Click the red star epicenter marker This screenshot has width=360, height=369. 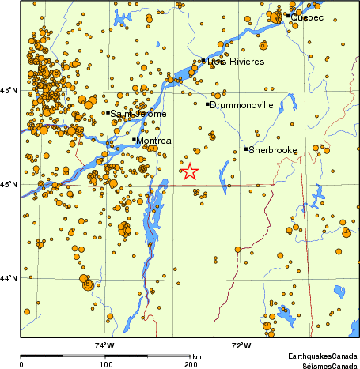click(190, 171)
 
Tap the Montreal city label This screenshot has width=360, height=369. click(155, 141)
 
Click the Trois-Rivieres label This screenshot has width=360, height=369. click(235, 61)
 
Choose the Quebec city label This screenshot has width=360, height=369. click(307, 17)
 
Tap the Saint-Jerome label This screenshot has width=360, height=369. click(138, 114)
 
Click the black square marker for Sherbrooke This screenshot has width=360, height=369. click(246, 149)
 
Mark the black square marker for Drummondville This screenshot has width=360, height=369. click(207, 104)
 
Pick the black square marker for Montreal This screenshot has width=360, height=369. click(135, 140)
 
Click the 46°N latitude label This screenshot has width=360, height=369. click(9, 92)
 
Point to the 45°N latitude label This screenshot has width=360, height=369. click(9, 185)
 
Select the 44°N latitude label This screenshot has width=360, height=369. click(9, 278)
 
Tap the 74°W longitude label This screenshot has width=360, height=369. click(104, 345)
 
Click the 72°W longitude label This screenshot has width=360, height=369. click(241, 345)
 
